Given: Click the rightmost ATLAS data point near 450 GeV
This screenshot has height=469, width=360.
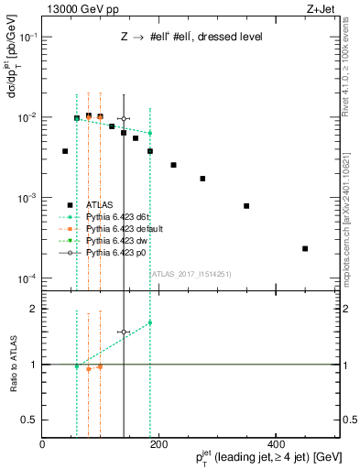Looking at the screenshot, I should tap(305, 248).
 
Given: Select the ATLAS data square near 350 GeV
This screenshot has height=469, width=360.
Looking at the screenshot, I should tap(246, 206).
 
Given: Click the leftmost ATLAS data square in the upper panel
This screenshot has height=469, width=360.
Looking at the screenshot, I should tap(65, 151).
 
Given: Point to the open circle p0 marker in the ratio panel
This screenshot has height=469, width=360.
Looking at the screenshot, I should tap(124, 333).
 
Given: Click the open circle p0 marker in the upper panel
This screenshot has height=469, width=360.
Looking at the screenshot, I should tap(124, 119).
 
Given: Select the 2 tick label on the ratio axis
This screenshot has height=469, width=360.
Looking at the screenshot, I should tap(35, 309).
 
